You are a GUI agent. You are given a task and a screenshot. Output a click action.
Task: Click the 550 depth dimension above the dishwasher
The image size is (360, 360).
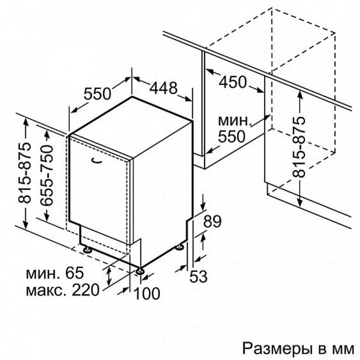(x=98, y=93)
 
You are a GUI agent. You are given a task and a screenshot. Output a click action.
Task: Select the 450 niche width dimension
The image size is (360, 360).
(x=233, y=82)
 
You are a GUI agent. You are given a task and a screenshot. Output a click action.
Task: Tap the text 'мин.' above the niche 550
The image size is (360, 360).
(x=233, y=121)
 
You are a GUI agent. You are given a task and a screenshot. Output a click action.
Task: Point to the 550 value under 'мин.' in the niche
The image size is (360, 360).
(x=232, y=135)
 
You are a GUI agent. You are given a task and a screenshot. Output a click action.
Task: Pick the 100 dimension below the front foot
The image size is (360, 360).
(x=147, y=293)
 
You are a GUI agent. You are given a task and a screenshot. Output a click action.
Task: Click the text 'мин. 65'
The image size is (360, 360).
(x=55, y=273)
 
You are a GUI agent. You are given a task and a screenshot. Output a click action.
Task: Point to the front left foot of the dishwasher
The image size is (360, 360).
(x=86, y=248)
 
